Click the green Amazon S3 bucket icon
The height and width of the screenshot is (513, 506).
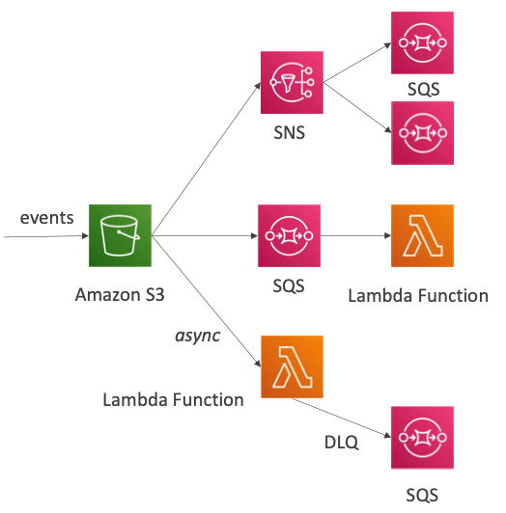(120, 235)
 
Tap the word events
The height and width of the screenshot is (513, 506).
(47, 218)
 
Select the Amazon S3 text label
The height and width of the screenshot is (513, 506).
(120, 295)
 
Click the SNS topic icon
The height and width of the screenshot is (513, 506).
(292, 83)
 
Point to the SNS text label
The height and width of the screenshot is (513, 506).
(290, 133)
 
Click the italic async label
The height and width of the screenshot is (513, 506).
(198, 336)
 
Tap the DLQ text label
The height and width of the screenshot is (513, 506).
(341, 443)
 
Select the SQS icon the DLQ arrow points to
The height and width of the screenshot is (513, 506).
(422, 438)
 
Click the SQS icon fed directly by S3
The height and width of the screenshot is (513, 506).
(289, 235)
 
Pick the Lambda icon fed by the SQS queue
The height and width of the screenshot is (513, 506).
(422, 235)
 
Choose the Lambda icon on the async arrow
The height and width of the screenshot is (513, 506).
(292, 366)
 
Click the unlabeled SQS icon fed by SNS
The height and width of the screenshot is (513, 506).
(422, 133)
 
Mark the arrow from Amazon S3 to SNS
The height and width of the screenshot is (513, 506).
(206, 159)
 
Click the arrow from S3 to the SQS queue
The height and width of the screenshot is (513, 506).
(205, 235)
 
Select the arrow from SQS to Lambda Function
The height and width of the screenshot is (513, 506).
(356, 235)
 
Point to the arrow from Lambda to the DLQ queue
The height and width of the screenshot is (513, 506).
(342, 418)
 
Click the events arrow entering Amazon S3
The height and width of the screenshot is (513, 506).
(46, 236)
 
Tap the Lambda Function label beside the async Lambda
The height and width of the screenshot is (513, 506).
(174, 400)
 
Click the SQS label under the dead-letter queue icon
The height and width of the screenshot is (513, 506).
(422, 495)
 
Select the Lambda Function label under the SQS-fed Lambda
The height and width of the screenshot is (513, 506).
(418, 296)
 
